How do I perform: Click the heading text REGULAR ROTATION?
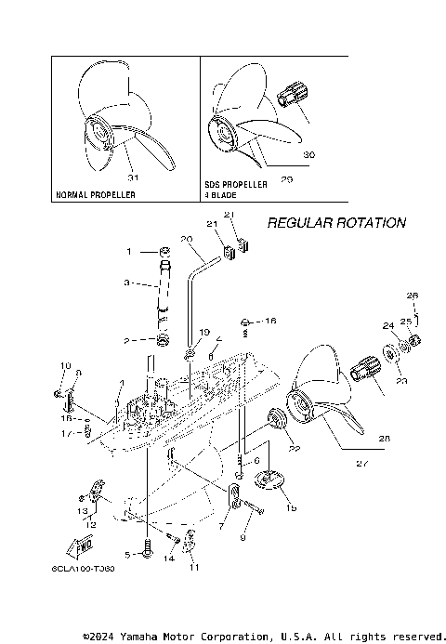click(x=336, y=223)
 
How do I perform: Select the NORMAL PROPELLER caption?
click(x=96, y=195)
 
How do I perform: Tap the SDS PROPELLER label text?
click(x=236, y=185)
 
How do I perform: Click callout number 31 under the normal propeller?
click(x=132, y=177)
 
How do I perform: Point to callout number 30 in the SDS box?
click(x=308, y=154)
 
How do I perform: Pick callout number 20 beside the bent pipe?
click(x=186, y=239)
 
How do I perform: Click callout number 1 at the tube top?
click(x=130, y=251)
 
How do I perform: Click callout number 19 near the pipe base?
click(x=204, y=332)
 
